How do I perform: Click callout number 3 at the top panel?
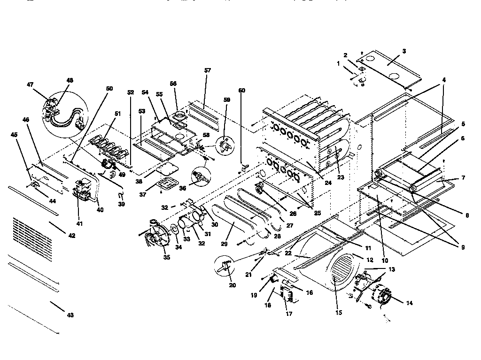coord(404,51)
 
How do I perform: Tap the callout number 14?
coord(409,304)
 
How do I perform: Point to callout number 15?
coord(339,312)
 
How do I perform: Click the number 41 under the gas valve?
coord(79,224)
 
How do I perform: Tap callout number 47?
coord(30,84)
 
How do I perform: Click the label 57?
coord(208,70)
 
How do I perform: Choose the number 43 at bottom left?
coord(70,315)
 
